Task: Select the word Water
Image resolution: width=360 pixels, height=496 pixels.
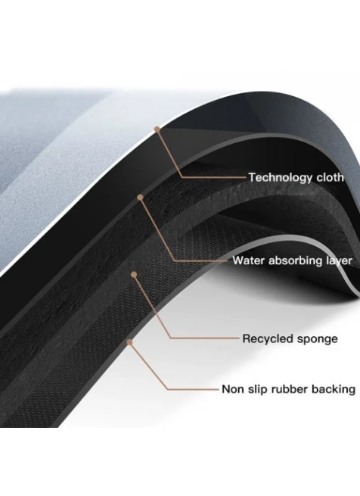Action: (x=249, y=260)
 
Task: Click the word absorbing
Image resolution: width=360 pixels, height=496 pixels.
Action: (x=295, y=261)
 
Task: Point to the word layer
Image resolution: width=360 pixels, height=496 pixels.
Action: (x=339, y=261)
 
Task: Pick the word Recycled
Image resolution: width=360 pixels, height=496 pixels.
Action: (x=268, y=338)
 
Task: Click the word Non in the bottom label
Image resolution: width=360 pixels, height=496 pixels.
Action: (x=233, y=389)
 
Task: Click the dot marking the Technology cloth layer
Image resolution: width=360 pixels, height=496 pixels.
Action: (x=157, y=129)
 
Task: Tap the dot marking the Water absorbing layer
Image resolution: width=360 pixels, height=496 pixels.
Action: (x=141, y=198)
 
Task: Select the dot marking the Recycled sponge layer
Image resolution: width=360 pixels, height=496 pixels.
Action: (x=134, y=274)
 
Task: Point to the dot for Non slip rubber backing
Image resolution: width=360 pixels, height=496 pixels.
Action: (x=129, y=342)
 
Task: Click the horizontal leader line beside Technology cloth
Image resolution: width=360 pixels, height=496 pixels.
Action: (x=214, y=177)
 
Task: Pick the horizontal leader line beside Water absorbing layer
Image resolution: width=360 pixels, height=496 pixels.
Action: (x=201, y=261)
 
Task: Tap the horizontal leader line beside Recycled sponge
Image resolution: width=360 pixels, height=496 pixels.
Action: (x=204, y=338)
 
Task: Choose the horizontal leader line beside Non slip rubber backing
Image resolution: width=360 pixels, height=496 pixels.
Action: (x=193, y=388)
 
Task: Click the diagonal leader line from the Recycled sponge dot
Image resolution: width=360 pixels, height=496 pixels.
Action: (x=152, y=306)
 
